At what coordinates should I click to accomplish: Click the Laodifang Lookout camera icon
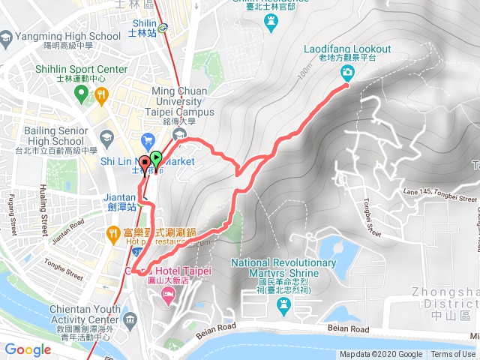pos(348,72)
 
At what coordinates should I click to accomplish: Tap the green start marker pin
pos(155,158)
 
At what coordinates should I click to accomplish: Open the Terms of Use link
pos(453,355)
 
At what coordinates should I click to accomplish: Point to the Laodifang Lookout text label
pos(347,49)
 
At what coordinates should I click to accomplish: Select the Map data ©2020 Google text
pos(381,355)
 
